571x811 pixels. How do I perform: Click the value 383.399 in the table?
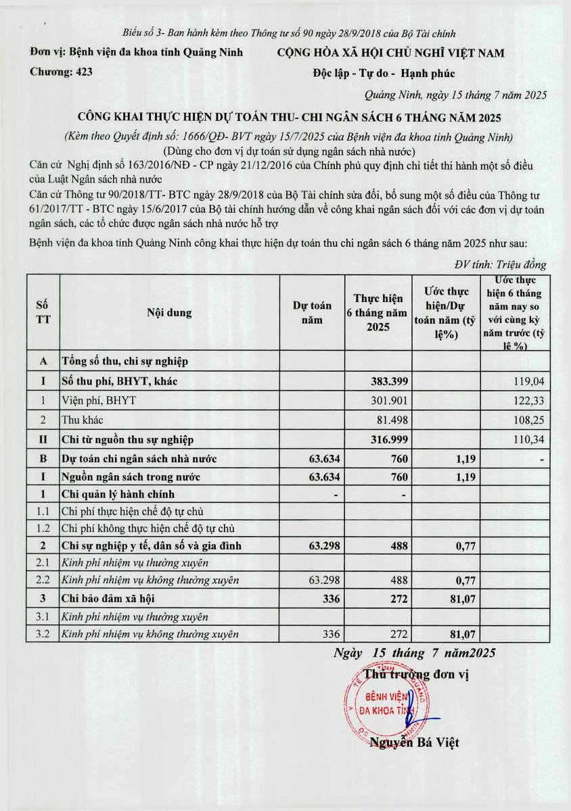click(x=388, y=382)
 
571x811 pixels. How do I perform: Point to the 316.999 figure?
click(x=388, y=439)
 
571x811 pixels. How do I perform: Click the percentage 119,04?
click(x=529, y=382)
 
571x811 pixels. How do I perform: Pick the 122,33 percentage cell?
click(x=529, y=401)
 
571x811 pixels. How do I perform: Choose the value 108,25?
click(x=529, y=420)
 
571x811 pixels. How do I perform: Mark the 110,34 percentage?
click(x=529, y=439)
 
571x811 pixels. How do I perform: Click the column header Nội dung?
click(x=169, y=313)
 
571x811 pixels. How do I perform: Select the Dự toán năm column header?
click(x=312, y=313)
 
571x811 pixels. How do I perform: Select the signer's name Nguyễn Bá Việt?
click(x=414, y=743)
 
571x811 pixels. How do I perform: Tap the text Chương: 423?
click(x=62, y=72)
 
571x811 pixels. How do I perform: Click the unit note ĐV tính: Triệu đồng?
click(x=500, y=265)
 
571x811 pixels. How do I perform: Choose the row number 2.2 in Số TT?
click(x=43, y=580)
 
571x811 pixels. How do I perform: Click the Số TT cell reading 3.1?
click(x=43, y=616)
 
